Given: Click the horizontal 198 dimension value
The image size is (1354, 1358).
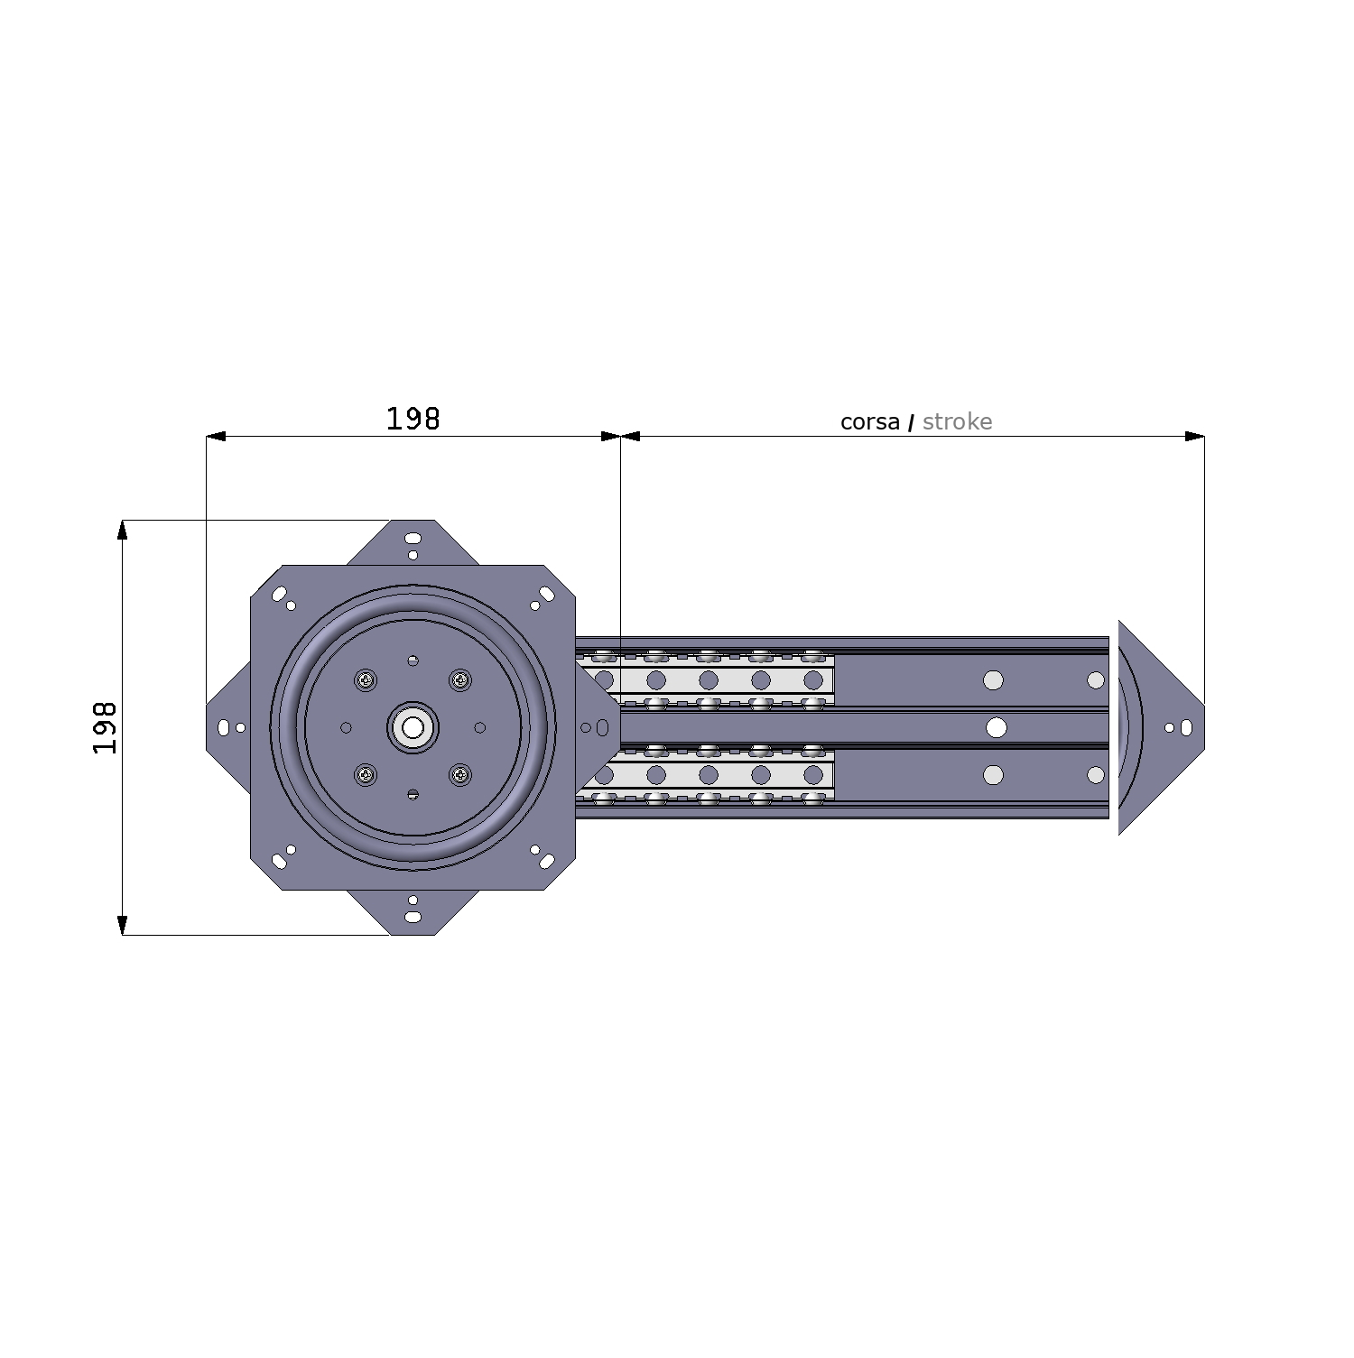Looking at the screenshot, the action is (x=413, y=419).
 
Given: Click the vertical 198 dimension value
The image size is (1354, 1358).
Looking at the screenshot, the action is (x=106, y=727).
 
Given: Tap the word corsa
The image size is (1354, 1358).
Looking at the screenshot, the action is (x=870, y=422).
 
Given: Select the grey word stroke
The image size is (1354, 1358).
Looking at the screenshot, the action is (x=958, y=421).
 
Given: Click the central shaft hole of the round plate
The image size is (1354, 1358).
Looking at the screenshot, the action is (x=413, y=727).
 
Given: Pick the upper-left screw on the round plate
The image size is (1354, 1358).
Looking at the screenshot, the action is (x=366, y=679).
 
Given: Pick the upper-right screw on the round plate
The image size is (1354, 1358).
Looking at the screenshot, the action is (x=460, y=679).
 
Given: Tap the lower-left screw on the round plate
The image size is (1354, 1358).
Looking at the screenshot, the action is (x=366, y=774).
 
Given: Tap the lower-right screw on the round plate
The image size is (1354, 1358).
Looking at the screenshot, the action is (x=460, y=774).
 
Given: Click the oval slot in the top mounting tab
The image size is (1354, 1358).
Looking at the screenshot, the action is (x=413, y=539).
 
